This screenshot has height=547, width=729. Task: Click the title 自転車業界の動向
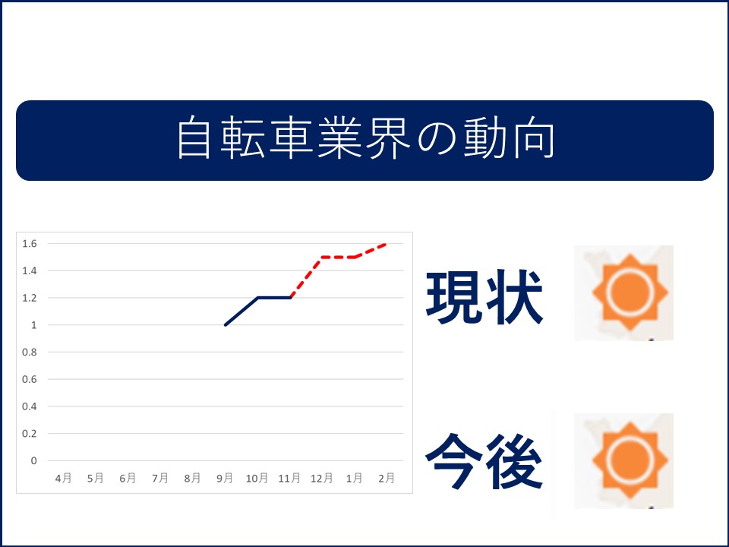click(365, 138)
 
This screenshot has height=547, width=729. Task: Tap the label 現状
click(484, 297)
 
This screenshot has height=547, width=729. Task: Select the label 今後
click(484, 461)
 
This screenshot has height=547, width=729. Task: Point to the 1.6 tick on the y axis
click(30, 244)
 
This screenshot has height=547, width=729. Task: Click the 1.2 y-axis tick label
click(30, 298)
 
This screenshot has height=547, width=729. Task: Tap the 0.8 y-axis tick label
click(30, 352)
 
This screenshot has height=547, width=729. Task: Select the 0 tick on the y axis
click(33, 460)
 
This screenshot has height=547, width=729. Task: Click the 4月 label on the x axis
click(63, 478)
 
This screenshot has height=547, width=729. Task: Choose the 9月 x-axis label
click(225, 478)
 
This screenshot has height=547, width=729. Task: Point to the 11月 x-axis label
click(289, 478)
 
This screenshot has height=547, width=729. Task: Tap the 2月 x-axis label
click(387, 478)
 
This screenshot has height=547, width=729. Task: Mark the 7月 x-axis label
click(160, 478)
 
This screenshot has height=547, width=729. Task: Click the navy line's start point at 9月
click(225, 325)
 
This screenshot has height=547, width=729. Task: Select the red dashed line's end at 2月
click(386, 244)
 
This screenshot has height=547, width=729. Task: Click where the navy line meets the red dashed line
click(289, 298)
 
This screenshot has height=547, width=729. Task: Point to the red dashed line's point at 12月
click(322, 257)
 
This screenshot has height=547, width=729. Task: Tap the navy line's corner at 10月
click(257, 298)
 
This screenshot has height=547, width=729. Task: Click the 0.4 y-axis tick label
click(30, 406)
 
